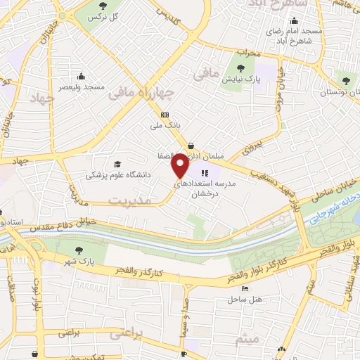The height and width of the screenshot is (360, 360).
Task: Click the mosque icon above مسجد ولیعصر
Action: pos(82,76)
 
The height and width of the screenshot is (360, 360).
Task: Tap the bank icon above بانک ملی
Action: pos(165,115)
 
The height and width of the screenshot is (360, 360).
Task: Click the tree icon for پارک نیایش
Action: pos(241,69)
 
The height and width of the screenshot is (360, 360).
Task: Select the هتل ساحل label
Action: pos(244,300)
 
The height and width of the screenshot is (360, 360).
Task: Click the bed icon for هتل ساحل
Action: pos(245,288)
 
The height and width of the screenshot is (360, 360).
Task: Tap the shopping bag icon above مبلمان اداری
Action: pos(191,146)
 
